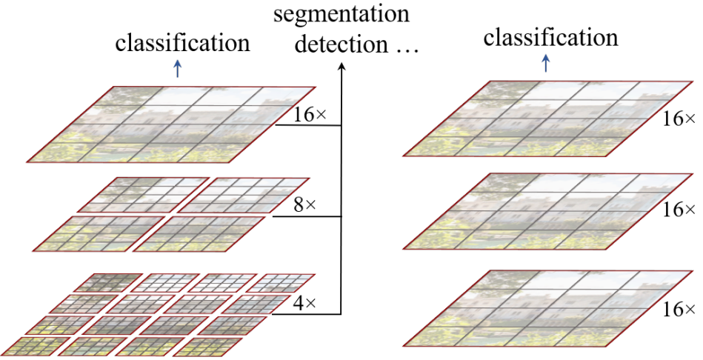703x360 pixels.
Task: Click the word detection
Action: point(336,44)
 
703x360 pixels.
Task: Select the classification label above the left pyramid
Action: point(182,42)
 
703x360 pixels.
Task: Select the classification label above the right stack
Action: point(550,37)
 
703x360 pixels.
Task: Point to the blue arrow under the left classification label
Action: point(176,68)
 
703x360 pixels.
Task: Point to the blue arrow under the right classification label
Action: point(546,64)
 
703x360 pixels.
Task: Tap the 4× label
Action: point(303,303)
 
